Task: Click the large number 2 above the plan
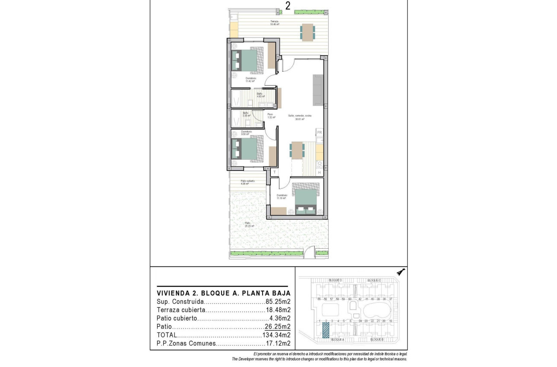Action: click(x=288, y=6)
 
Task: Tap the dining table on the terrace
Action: click(x=307, y=32)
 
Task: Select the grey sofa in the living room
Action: click(x=317, y=89)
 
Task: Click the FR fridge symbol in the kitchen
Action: click(x=320, y=132)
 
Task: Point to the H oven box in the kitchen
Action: click(x=320, y=173)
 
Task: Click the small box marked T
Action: click(x=274, y=172)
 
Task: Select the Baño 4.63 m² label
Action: click(x=260, y=95)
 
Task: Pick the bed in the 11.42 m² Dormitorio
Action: click(x=247, y=60)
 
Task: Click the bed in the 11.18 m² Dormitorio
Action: click(x=306, y=199)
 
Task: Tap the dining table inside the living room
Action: click(x=297, y=150)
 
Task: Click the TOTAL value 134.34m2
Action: click(x=276, y=335)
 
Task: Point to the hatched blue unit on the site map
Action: click(x=326, y=330)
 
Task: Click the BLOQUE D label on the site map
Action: click(x=335, y=280)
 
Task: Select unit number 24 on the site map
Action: click(x=360, y=321)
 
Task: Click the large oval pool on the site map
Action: click(x=377, y=310)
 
